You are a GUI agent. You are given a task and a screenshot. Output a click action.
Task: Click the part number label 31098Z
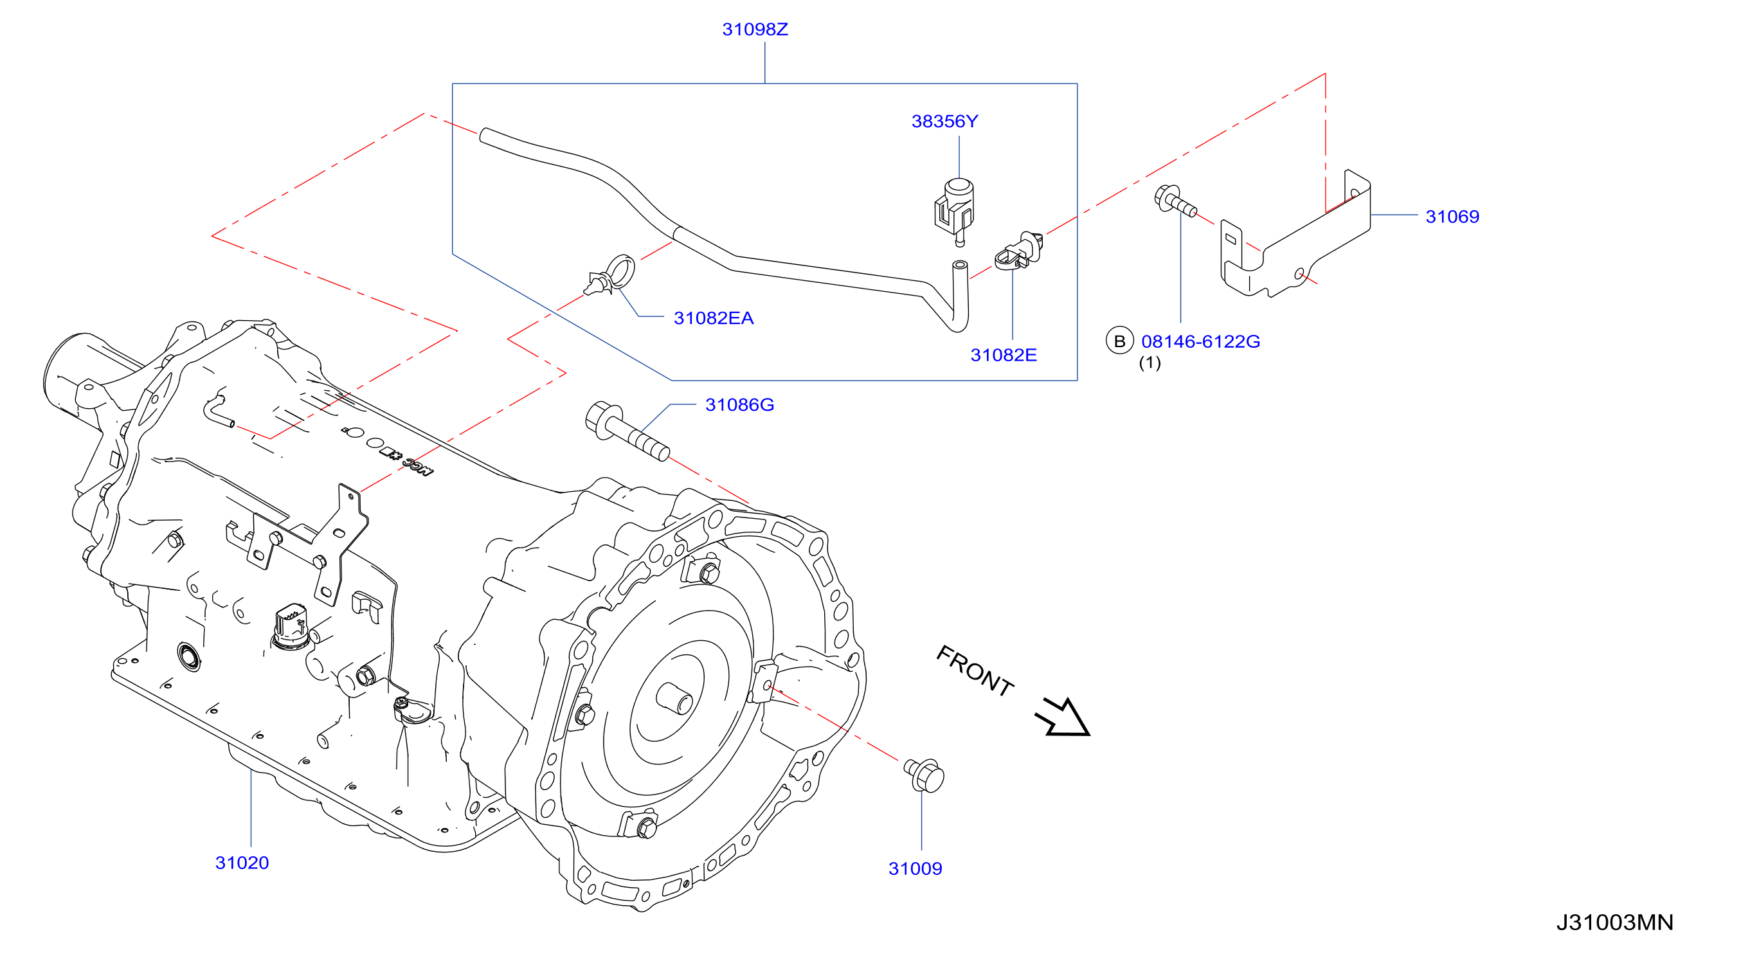click(755, 30)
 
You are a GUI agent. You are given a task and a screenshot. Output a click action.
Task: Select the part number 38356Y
click(945, 122)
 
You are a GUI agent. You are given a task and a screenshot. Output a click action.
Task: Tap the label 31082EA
click(714, 318)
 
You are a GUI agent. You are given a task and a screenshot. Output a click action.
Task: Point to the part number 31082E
click(1004, 355)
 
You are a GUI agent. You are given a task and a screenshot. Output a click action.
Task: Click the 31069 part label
click(1452, 217)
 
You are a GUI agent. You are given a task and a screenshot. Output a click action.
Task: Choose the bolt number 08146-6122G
click(1201, 342)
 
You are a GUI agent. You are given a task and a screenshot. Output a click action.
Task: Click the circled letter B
click(1120, 341)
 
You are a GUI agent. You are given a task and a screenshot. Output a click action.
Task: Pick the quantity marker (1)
click(1150, 363)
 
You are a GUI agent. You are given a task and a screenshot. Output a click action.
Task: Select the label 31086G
click(739, 405)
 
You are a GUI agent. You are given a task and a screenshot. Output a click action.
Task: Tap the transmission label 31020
click(242, 863)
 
